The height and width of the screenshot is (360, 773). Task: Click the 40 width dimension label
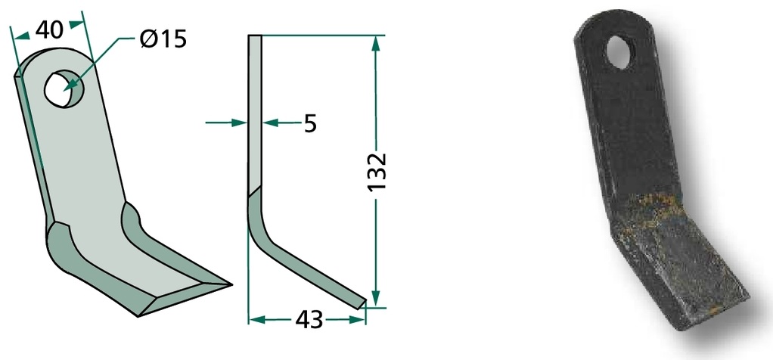pos(49,31)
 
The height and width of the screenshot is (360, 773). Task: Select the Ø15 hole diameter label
pos(163,39)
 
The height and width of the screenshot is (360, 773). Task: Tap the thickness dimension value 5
pos(310,123)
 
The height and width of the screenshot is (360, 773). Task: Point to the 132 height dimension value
pos(377,172)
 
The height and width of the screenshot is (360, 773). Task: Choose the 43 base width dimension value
pos(309,320)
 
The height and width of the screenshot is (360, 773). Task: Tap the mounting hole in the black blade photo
pos(619,51)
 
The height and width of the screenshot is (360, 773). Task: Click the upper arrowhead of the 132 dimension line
pos(376,43)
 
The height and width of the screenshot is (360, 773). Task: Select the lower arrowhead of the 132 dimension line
pos(376,298)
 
